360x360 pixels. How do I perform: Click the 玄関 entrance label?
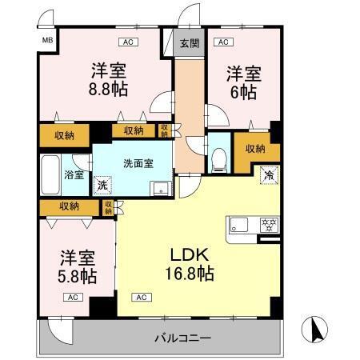coord(190,42)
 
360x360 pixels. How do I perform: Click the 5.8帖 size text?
coord(78,277)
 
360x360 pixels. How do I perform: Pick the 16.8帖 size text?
coord(190,274)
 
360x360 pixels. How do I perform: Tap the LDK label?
coord(189,254)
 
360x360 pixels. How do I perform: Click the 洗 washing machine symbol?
coord(102,185)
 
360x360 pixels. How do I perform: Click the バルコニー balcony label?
coord(184,338)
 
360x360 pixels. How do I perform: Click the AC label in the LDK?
coord(141,298)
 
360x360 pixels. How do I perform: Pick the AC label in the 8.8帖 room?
coord(126,42)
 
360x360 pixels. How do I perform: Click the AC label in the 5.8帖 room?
coord(73,298)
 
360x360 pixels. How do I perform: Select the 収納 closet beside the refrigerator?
coord(255,149)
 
